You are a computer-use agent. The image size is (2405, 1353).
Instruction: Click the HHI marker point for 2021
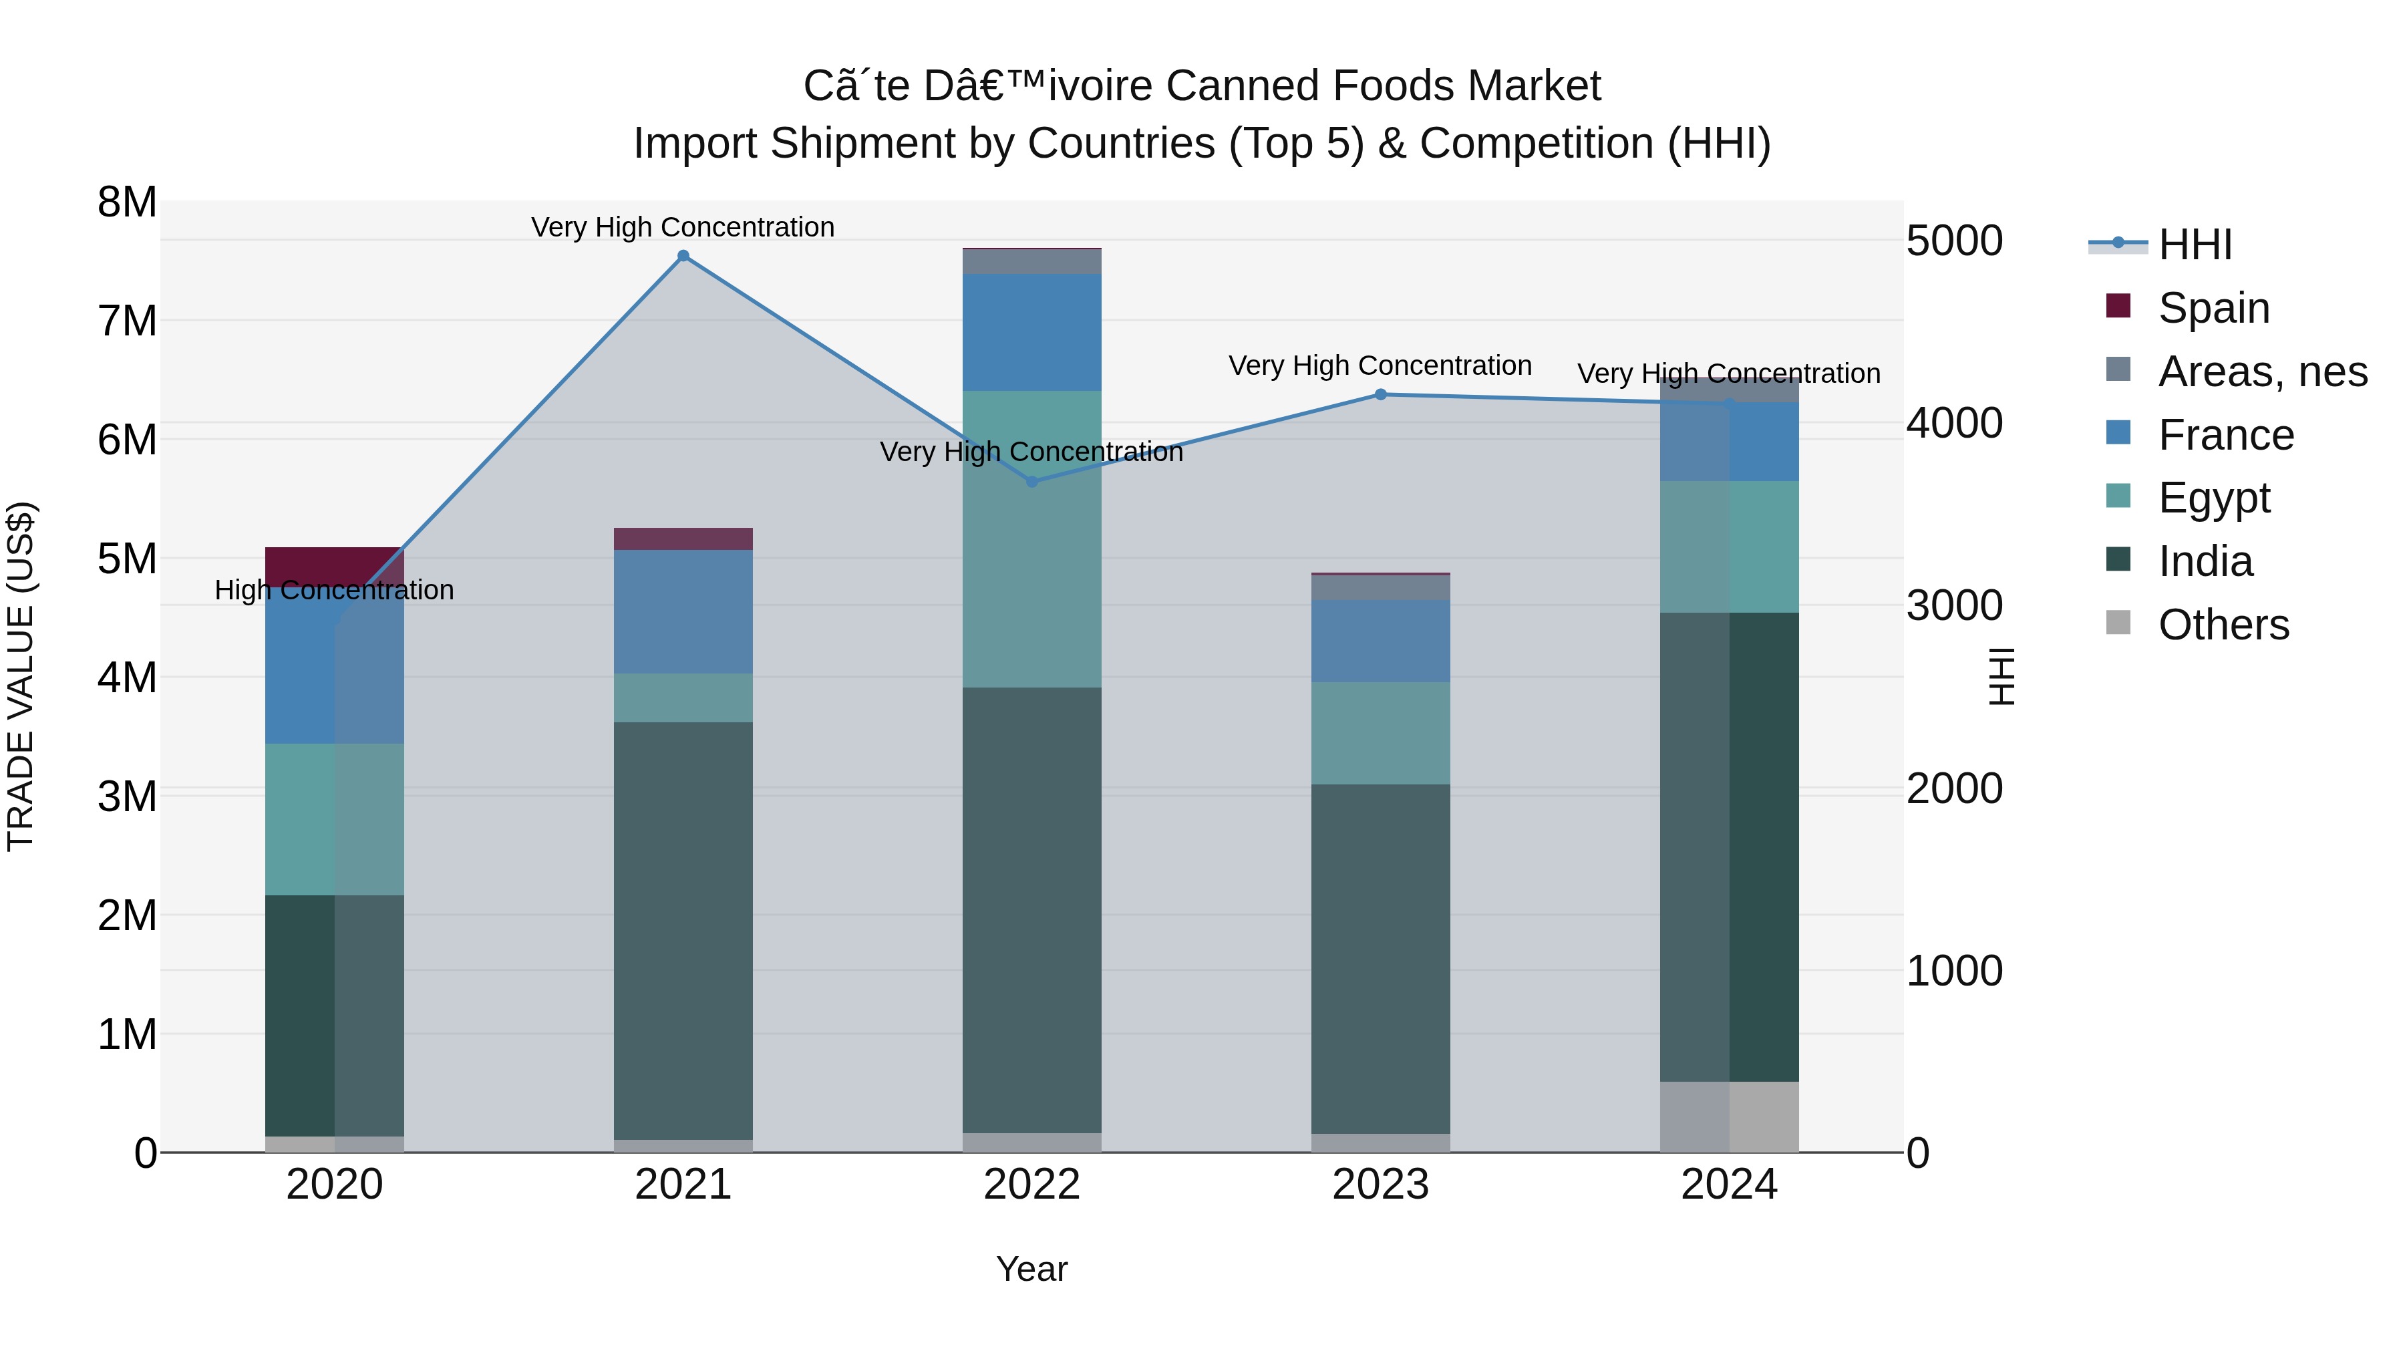[x=683, y=256]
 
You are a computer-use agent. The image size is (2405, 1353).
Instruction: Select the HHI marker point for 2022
[x=1031, y=482]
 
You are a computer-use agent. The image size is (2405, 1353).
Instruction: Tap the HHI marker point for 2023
[x=1381, y=395]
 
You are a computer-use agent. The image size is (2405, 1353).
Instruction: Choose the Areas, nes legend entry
[x=2261, y=371]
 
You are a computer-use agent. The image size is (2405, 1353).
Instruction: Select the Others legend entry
[x=2222, y=625]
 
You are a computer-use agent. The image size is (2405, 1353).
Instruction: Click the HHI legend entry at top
[x=2194, y=245]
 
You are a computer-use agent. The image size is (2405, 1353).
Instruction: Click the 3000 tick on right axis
[x=1954, y=606]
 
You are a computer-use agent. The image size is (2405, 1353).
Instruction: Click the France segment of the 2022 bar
[x=1031, y=333]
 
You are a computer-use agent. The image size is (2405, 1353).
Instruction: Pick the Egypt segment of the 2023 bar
[x=1381, y=733]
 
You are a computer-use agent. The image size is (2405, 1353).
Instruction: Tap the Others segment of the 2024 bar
[x=1729, y=1116]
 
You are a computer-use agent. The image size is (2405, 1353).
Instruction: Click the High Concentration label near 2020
[x=334, y=590]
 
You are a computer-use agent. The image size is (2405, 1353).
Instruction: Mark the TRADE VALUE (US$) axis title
[x=21, y=676]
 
